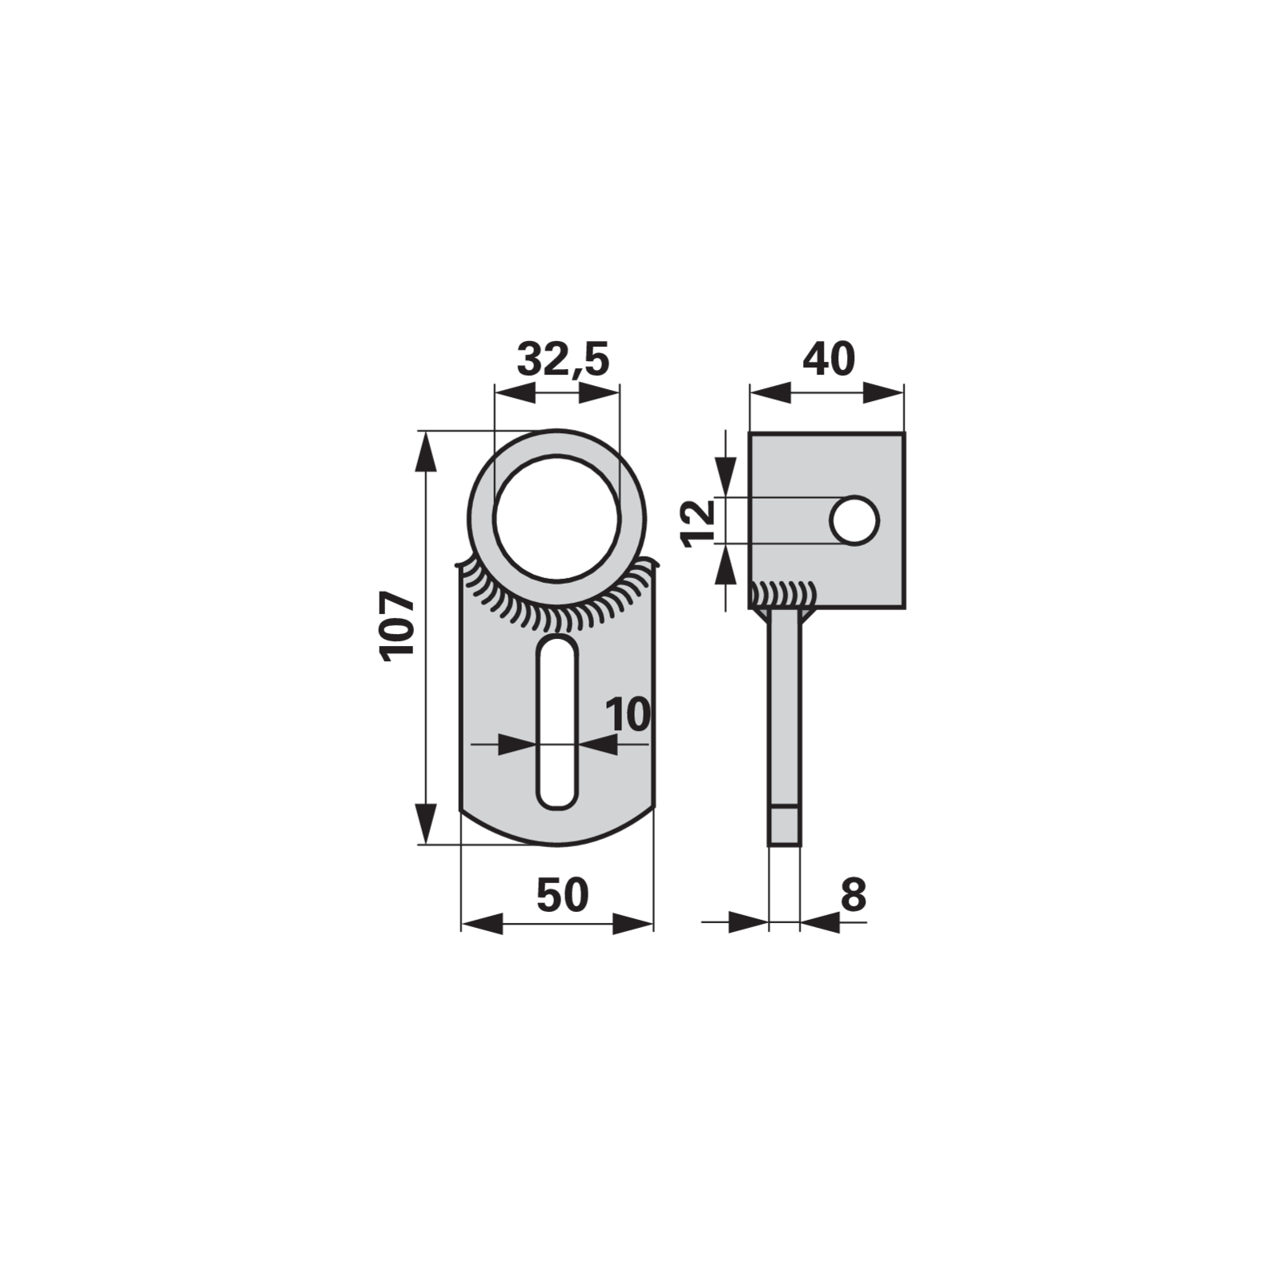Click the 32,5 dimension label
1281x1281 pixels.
[563, 359]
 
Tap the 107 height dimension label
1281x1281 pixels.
[398, 626]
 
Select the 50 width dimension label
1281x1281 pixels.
[562, 894]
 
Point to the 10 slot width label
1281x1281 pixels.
[628, 714]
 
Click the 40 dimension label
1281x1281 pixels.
[829, 359]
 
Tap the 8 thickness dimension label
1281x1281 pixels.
[853, 894]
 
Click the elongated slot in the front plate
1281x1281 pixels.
[556, 721]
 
